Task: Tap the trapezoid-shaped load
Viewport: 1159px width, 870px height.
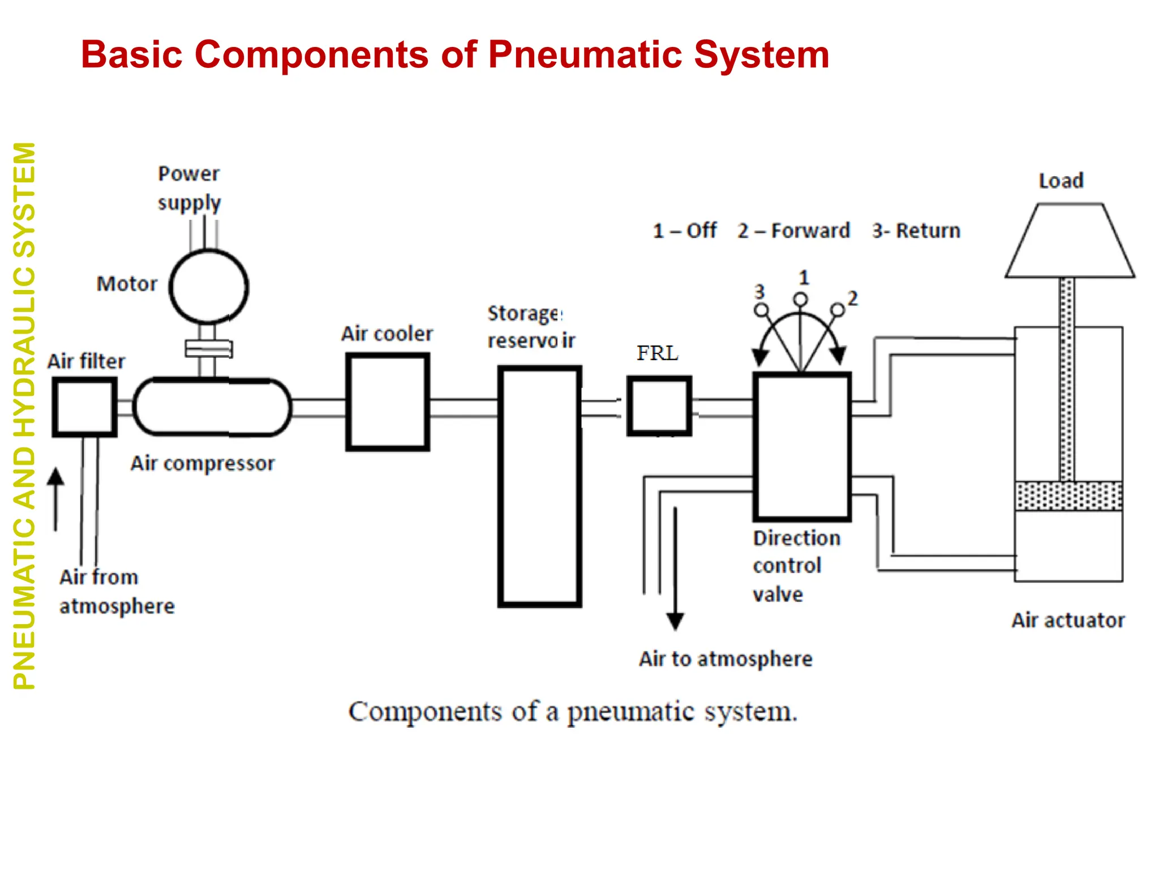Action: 1070,241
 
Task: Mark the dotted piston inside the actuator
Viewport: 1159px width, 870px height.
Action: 1068,496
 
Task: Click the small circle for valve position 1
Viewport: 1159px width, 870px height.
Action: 800,300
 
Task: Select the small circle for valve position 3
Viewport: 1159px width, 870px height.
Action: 762,310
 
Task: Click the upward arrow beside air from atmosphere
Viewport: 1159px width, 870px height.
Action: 55,499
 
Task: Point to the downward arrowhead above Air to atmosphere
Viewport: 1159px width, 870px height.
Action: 675,621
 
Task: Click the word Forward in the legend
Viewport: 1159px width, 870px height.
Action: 810,231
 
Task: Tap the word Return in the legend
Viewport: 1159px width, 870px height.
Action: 928,231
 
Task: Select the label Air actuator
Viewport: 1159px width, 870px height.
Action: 1068,620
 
